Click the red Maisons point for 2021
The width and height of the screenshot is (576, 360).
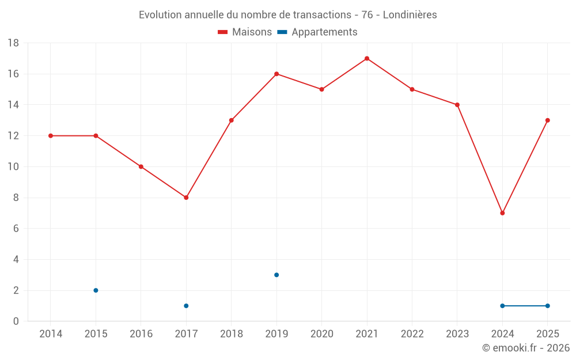(367, 58)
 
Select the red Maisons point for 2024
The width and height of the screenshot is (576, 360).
(502, 213)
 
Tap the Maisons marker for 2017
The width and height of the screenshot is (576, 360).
(186, 198)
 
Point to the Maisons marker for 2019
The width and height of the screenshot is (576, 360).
(276, 74)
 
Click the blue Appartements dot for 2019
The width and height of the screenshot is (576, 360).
(276, 275)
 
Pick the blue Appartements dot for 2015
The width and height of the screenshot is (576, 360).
(96, 290)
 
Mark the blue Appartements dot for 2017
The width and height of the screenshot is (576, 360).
(186, 306)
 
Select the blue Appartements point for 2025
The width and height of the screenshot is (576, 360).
(547, 306)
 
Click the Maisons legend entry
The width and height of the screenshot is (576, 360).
(245, 32)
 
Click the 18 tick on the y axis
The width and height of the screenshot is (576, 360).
(13, 43)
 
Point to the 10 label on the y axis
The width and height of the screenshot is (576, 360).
(13, 167)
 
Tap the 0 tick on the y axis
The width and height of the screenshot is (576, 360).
(16, 321)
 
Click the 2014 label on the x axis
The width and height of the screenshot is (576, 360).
(50, 334)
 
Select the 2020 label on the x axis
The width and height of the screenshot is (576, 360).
(321, 334)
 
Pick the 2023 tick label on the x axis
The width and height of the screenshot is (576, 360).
(457, 334)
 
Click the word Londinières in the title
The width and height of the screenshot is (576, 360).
(410, 15)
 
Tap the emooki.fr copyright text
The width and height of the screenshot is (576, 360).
(525, 348)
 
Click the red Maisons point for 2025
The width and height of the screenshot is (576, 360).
(547, 120)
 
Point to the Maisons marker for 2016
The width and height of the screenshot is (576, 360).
(141, 167)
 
